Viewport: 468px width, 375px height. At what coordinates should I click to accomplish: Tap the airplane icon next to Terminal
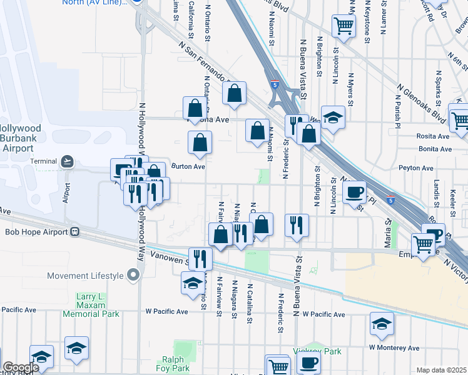pyautogui.click(x=67, y=162)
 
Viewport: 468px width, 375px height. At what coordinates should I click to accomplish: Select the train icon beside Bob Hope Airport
pyautogui.click(x=74, y=232)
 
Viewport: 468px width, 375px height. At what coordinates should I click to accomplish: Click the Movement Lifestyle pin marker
pyautogui.click(x=132, y=275)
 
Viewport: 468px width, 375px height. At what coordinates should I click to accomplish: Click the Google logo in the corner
pyautogui.click(x=21, y=367)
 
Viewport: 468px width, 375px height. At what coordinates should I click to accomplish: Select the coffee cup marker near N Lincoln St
pyautogui.click(x=355, y=191)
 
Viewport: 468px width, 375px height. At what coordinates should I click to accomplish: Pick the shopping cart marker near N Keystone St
pyautogui.click(x=343, y=26)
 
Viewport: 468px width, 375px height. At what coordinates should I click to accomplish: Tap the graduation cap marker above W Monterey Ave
pyautogui.click(x=382, y=323)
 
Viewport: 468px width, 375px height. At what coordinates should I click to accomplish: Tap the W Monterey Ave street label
pyautogui.click(x=394, y=347)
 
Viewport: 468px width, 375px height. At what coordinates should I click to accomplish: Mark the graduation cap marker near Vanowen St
pyautogui.click(x=193, y=283)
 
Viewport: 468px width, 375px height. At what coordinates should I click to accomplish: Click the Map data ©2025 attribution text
pyautogui.click(x=441, y=370)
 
